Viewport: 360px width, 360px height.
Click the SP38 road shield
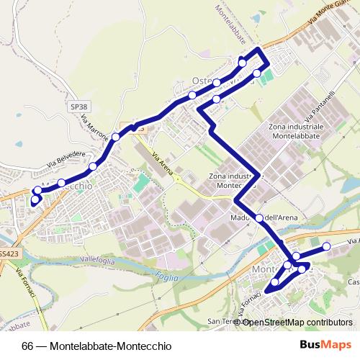pos(78,106)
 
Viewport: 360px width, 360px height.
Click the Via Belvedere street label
pos(61,161)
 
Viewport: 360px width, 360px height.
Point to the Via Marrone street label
pos(94,126)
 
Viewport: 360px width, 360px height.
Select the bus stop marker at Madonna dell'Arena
pos(258,218)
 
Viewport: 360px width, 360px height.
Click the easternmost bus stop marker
pos(326,247)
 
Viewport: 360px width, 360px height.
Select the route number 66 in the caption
pos(28,345)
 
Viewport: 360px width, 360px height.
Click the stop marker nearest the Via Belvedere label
pos(61,183)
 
